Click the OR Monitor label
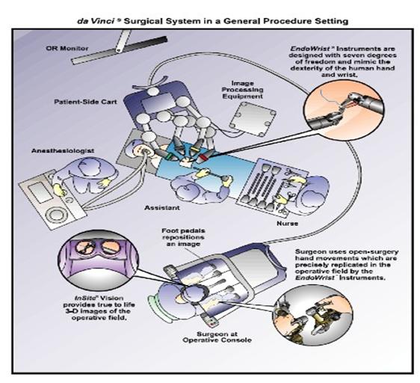(67, 49)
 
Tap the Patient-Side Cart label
(85, 102)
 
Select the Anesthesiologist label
(63, 150)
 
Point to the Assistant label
(161, 208)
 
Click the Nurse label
(288, 223)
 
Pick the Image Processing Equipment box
(253, 119)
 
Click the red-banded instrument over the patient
(205, 158)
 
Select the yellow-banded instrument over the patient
(194, 149)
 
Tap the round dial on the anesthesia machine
(56, 214)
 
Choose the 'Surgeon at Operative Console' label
(217, 337)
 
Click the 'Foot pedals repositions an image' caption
(183, 237)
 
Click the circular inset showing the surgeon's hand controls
(313, 316)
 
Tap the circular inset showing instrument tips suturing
(344, 110)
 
